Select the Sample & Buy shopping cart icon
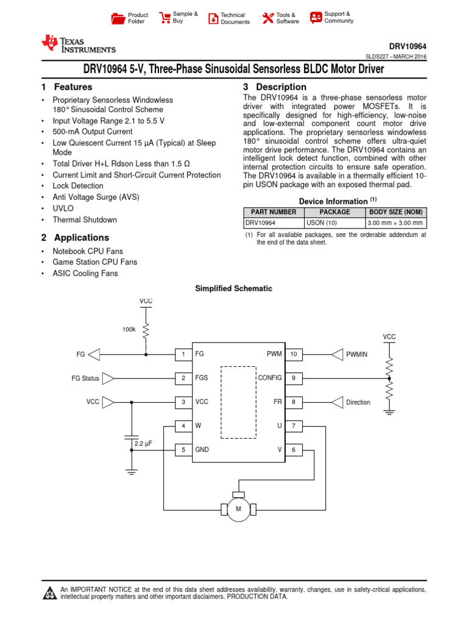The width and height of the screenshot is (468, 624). [164, 18]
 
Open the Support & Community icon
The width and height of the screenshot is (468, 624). [316, 18]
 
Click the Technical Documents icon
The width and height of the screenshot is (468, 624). [213, 18]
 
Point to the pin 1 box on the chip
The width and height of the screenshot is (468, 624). [183, 354]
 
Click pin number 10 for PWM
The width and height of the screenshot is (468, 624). [294, 354]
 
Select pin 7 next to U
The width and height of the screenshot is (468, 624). [294, 426]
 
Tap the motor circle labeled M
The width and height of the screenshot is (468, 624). [238, 508]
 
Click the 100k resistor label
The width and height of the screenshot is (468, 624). [129, 330]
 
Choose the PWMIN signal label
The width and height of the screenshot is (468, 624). [357, 355]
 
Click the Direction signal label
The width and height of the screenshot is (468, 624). [358, 403]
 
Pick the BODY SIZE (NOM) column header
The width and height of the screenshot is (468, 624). [395, 212]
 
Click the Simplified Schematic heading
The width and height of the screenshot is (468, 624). [233, 289]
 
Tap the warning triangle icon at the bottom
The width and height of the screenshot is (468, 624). [49, 593]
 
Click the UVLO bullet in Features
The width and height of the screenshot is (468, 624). [63, 208]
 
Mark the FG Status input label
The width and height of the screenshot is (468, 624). [85, 378]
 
